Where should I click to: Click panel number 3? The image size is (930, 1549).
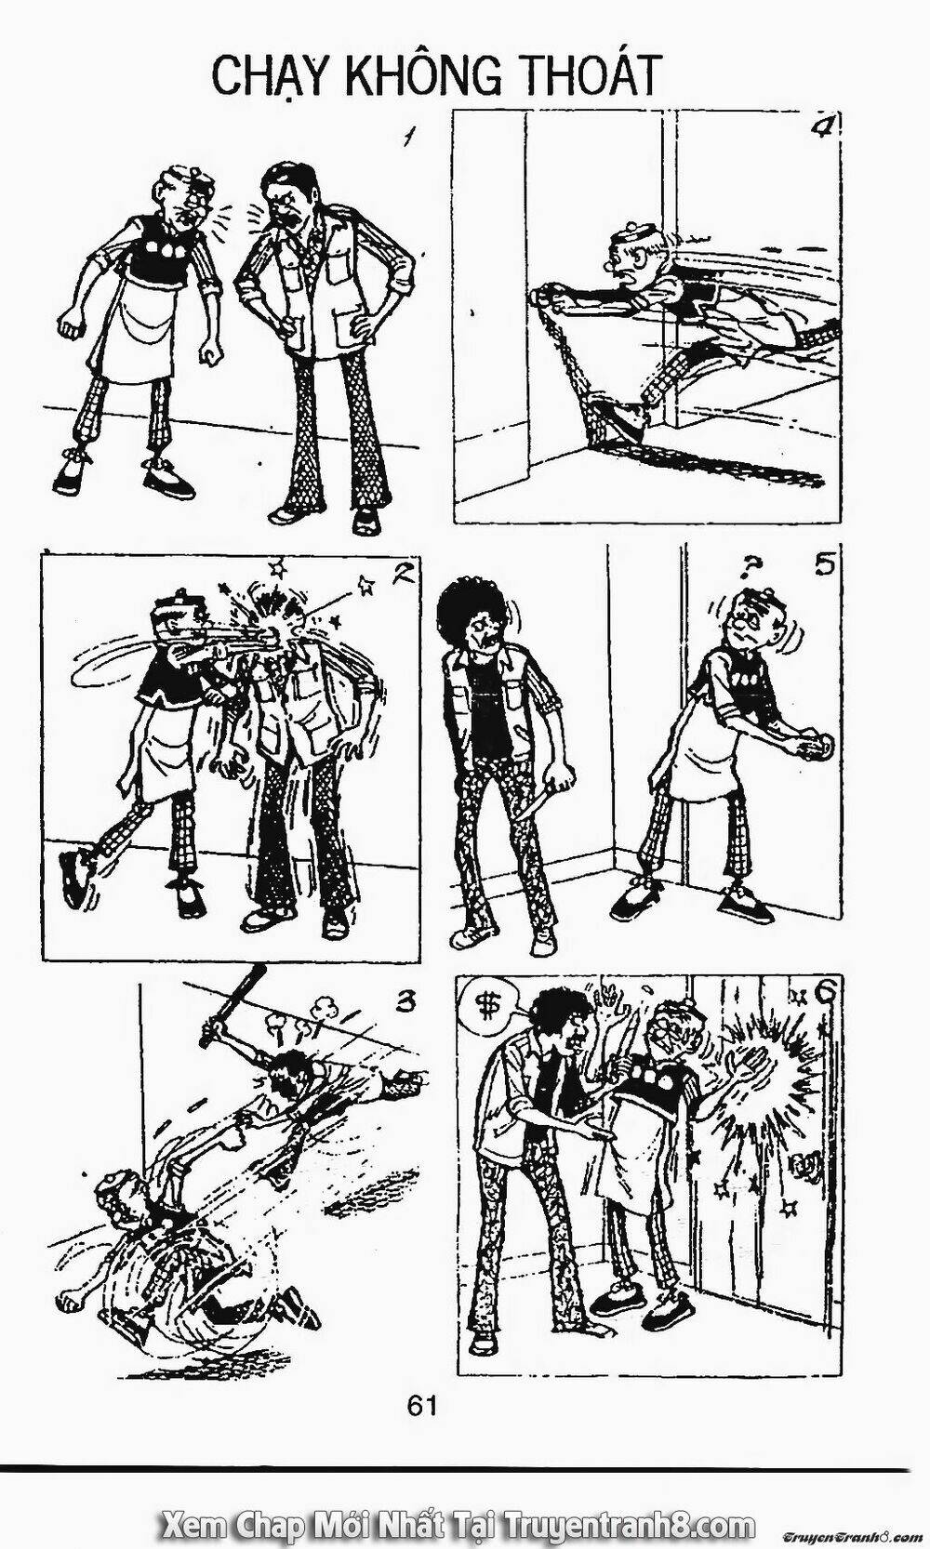click(404, 1000)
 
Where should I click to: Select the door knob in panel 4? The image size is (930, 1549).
click(544, 298)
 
